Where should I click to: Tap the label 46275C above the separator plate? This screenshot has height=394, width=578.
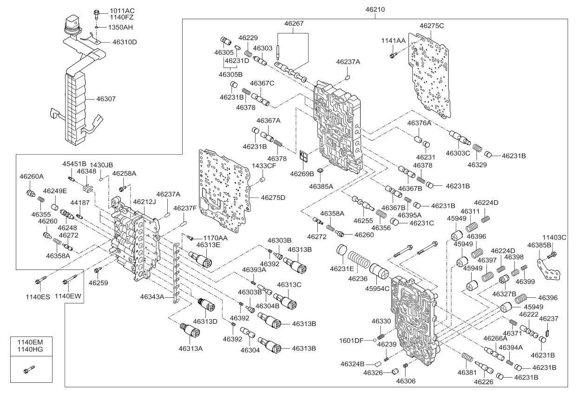(x=432, y=26)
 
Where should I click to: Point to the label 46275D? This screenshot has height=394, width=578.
(x=273, y=197)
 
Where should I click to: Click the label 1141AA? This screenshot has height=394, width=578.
(x=394, y=41)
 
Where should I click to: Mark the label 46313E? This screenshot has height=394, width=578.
(x=208, y=245)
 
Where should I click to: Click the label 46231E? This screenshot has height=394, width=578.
(x=342, y=268)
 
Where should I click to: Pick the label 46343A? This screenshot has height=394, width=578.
(x=153, y=296)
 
